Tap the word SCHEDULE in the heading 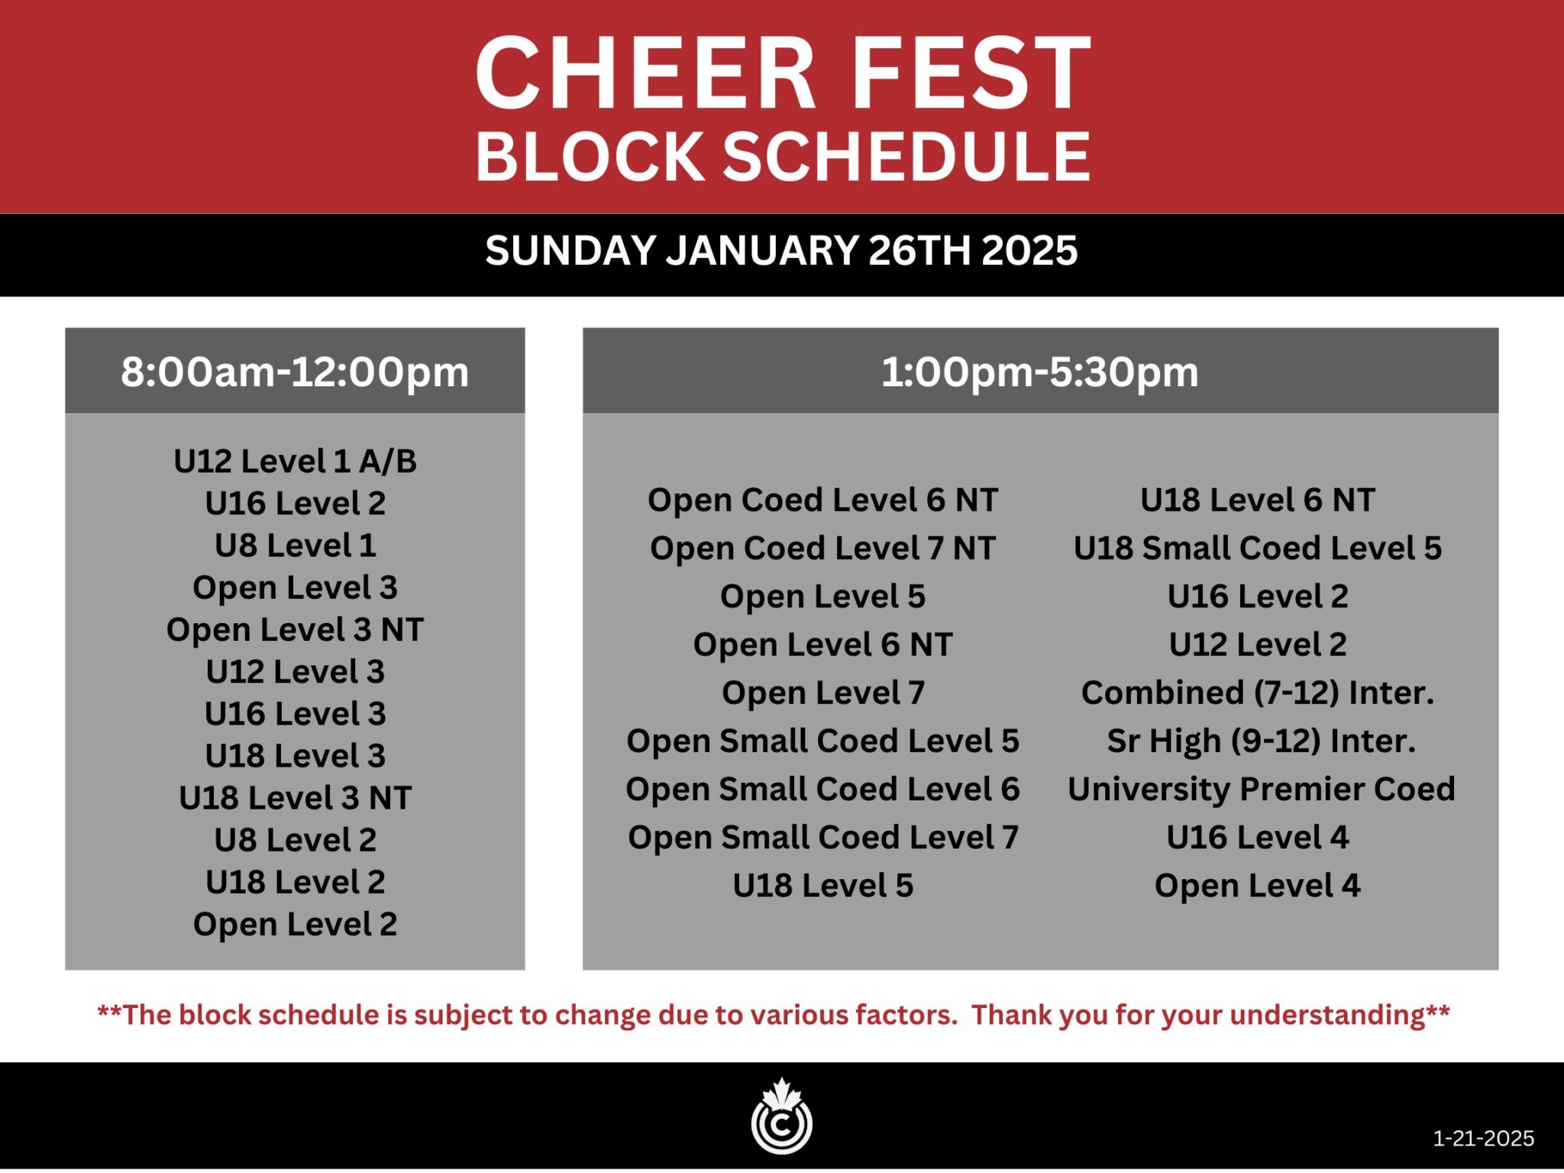pos(906,157)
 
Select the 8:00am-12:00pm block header pos(295,372)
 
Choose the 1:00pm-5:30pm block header pos(1040,372)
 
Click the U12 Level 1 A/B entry pos(295,461)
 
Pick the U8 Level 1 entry pos(295,545)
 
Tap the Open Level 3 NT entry pos(295,629)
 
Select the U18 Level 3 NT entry pos(295,797)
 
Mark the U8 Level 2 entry pos(295,839)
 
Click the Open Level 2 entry pos(295,924)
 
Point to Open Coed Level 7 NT pos(822,548)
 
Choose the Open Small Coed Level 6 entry pos(822,789)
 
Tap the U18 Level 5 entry pos(822,885)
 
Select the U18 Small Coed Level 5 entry pos(1257,548)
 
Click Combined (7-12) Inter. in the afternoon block pos(1257,693)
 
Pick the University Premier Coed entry pos(1261,789)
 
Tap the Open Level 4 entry pos(1257,885)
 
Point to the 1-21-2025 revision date pos(1483,1139)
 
